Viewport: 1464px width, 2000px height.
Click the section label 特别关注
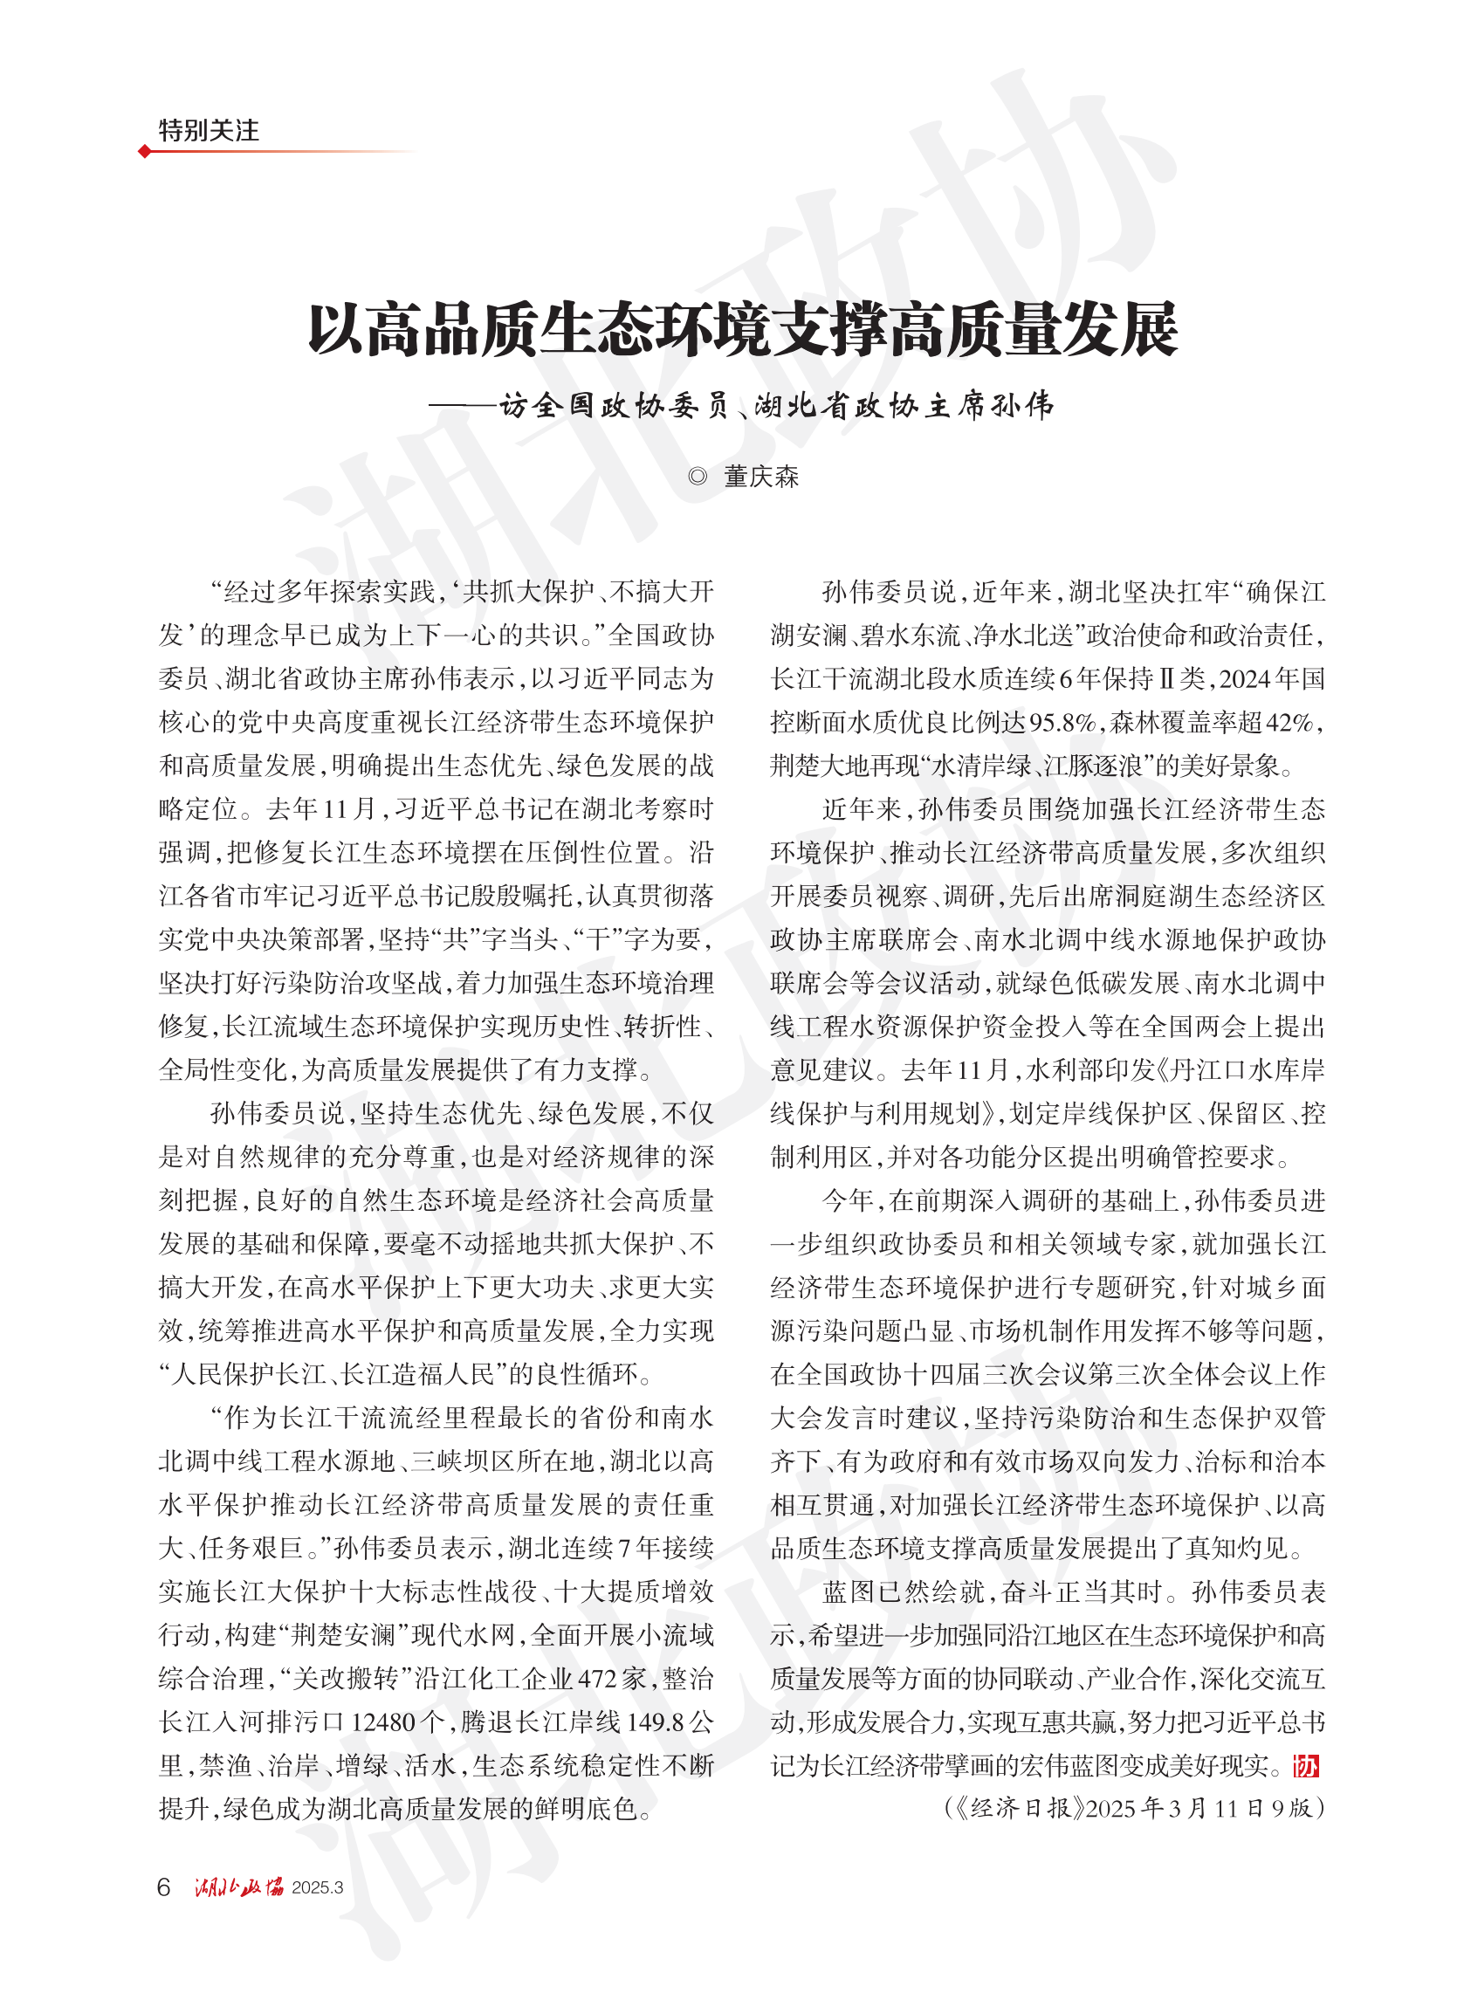point(209,130)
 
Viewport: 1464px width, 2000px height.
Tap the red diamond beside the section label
point(144,152)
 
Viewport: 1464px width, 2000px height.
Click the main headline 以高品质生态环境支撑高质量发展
point(743,330)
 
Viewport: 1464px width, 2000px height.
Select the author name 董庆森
point(761,477)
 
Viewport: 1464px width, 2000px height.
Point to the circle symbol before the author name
point(698,477)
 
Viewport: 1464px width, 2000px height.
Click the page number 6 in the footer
point(163,1887)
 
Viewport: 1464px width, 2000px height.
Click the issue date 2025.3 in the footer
point(317,1887)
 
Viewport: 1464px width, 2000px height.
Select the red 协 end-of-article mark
point(1306,1766)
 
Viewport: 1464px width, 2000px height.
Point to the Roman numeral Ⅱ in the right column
point(1167,680)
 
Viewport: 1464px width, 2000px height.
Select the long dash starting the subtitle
point(464,406)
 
